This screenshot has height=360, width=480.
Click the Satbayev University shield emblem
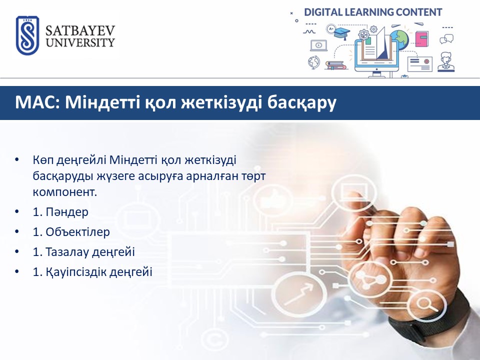[27, 35]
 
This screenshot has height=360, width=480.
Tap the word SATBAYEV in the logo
[80, 30]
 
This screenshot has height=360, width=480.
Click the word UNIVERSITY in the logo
[80, 42]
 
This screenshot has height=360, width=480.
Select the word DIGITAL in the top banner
[323, 12]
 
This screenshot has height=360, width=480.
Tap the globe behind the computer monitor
[399, 39]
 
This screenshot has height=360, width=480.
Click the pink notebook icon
[422, 39]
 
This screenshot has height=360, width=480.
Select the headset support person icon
[446, 62]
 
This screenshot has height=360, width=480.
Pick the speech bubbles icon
[446, 39]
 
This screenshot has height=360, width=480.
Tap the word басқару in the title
[301, 103]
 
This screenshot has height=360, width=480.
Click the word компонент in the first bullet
[65, 192]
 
